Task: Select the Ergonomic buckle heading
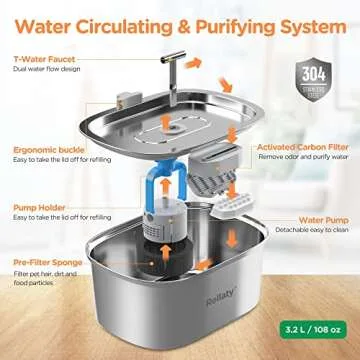click(x=54, y=128)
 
